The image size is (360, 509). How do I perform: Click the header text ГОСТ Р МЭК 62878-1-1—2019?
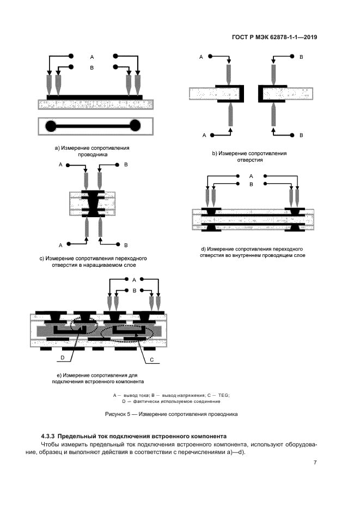tap(274, 38)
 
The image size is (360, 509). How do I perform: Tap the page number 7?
tap(315, 463)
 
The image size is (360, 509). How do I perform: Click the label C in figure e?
tap(151, 360)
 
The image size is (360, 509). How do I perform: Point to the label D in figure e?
tap(63, 358)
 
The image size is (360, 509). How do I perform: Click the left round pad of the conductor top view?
tap(51, 126)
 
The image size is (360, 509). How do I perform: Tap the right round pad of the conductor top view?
tap(135, 126)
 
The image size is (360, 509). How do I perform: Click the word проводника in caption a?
tap(93, 155)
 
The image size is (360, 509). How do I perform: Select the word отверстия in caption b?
tap(250, 160)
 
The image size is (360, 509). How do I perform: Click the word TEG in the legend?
tap(223, 395)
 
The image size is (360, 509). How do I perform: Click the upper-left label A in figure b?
tap(201, 57)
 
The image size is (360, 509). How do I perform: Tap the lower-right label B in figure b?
tap(301, 135)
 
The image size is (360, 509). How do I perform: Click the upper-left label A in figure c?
tap(60, 165)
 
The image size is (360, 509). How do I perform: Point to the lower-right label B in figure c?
tap(126, 245)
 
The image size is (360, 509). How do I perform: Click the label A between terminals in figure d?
tap(251, 176)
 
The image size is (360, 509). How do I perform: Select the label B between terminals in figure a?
tap(92, 68)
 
